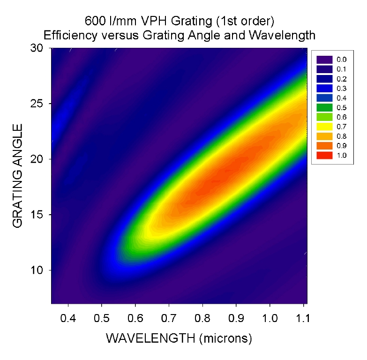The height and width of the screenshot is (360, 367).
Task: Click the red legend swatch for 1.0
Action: tap(324, 155)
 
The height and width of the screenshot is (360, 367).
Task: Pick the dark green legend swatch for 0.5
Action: tap(324, 107)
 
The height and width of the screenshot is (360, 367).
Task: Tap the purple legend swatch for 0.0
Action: tap(324, 60)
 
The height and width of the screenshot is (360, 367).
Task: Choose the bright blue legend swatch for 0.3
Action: tap(324, 88)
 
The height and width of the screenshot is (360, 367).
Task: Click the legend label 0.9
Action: tap(342, 146)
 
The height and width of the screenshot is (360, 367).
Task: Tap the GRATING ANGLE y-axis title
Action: tap(18, 176)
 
